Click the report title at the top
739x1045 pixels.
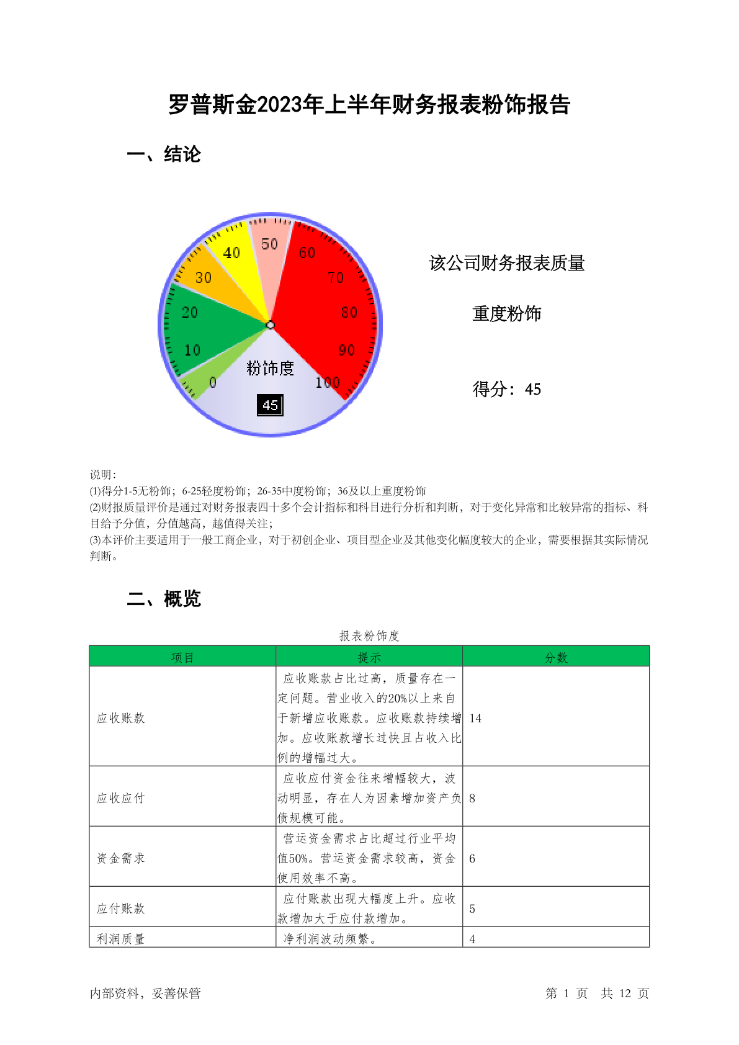(369, 105)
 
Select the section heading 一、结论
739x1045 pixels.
(164, 154)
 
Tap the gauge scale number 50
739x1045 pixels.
(269, 244)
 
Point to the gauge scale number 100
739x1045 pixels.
(327, 382)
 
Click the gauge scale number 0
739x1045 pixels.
(213, 382)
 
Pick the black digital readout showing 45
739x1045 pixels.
(271, 405)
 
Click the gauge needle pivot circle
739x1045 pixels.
(270, 325)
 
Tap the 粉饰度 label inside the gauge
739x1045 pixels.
(270, 368)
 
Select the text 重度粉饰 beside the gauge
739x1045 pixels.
(506, 314)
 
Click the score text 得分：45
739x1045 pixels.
(506, 389)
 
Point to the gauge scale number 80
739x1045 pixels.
(349, 312)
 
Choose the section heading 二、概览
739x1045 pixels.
(164, 599)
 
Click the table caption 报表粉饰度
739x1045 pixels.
(369, 635)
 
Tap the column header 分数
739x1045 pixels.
(556, 657)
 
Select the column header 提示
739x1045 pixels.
(369, 657)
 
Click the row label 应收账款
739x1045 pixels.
(121, 718)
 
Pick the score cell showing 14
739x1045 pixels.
(475, 718)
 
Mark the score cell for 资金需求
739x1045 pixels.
(472, 858)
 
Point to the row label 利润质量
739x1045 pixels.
(121, 938)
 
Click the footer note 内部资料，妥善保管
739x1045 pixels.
(145, 993)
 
